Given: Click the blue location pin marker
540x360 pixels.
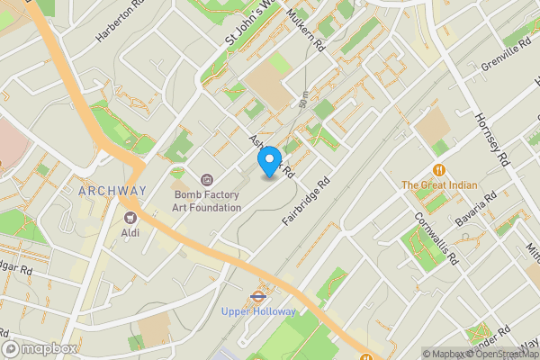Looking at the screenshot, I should point(268,160).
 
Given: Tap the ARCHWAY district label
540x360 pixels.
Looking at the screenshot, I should point(112,191).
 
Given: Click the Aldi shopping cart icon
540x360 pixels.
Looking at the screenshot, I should point(130,217).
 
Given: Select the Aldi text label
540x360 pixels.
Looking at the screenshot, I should point(130,232).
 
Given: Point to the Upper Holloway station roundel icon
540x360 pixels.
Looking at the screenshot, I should point(258,294).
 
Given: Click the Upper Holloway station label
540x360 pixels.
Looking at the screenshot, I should point(258,311).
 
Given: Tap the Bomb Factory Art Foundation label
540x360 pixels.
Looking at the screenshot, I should point(207,201).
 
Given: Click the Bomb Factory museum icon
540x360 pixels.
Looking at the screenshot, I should point(207,180).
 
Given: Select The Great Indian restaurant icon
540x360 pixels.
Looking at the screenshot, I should point(439,168).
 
